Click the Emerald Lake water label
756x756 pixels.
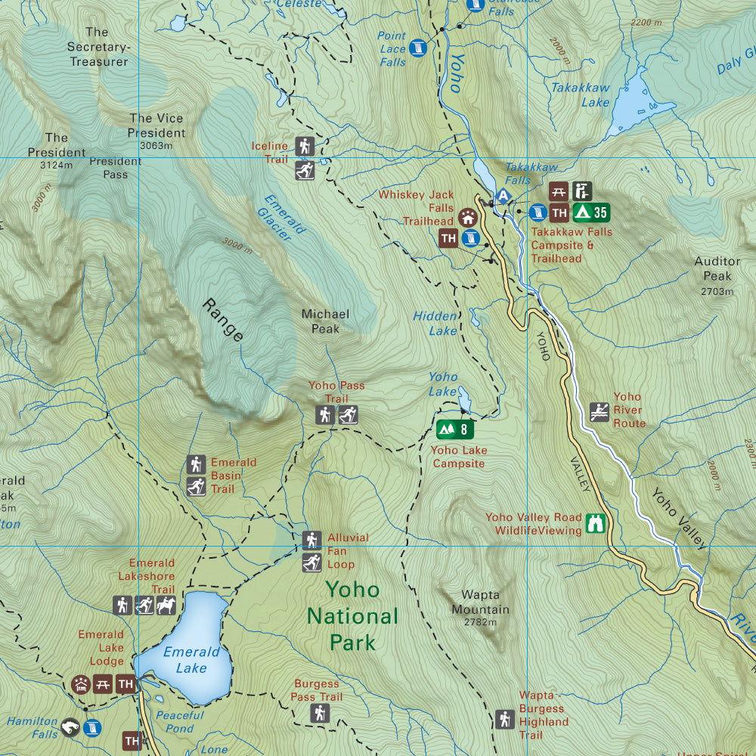pyautogui.click(x=191, y=659)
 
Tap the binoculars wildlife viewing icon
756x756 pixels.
pyautogui.click(x=596, y=523)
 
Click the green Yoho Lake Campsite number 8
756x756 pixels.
pyautogui.click(x=454, y=430)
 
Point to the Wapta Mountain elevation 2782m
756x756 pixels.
pyautogui.click(x=480, y=622)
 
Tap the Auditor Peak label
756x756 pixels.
pyautogui.click(x=717, y=269)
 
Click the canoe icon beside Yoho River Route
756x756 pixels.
pyautogui.click(x=600, y=412)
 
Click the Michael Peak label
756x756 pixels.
pyautogui.click(x=325, y=321)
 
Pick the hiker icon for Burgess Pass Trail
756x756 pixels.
pyautogui.click(x=320, y=713)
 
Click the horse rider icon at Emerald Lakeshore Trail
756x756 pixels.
pyautogui.click(x=166, y=605)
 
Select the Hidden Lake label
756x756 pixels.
pyautogui.click(x=435, y=324)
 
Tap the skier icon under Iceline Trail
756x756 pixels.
pyautogui.click(x=305, y=171)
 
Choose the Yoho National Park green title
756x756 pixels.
pyautogui.click(x=352, y=615)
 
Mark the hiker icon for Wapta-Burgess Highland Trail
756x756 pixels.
pyautogui.click(x=505, y=719)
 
